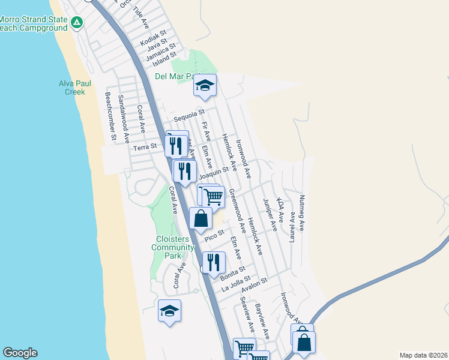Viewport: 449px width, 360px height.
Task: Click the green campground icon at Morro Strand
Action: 77,23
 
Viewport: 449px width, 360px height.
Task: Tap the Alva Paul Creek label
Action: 72,88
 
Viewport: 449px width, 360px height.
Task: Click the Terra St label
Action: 145,146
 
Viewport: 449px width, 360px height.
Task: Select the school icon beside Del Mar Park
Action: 205,86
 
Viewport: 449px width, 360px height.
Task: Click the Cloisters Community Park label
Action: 173,247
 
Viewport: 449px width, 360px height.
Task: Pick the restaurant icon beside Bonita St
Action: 214,263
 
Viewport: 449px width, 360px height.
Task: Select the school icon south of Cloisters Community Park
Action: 170,311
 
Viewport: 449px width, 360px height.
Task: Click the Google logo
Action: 20,353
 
